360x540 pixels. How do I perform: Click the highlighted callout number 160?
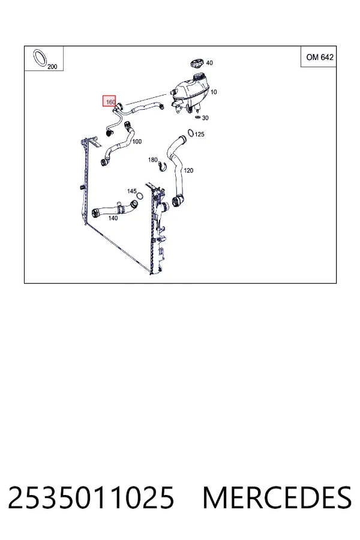(x=110, y=102)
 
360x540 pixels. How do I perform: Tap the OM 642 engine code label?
(x=320, y=57)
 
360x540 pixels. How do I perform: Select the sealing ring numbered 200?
(x=40, y=58)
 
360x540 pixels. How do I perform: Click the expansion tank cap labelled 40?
(x=197, y=64)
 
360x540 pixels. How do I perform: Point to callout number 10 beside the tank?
(x=214, y=92)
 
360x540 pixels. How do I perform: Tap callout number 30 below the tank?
(x=205, y=118)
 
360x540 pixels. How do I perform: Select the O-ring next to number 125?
(x=191, y=133)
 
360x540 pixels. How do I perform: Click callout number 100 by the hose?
(x=137, y=141)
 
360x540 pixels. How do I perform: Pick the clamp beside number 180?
(x=162, y=167)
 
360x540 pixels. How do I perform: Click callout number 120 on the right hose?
(x=188, y=170)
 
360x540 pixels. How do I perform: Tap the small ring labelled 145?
(x=140, y=196)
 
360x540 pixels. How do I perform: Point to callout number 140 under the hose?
(x=113, y=218)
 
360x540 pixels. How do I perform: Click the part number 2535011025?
(x=91, y=497)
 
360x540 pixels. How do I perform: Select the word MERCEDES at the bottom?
(x=277, y=497)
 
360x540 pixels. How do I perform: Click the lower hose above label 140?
(x=115, y=209)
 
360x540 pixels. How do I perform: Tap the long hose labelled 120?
(x=177, y=172)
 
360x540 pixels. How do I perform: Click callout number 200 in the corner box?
(x=52, y=67)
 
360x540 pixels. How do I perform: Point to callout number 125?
(x=199, y=134)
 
